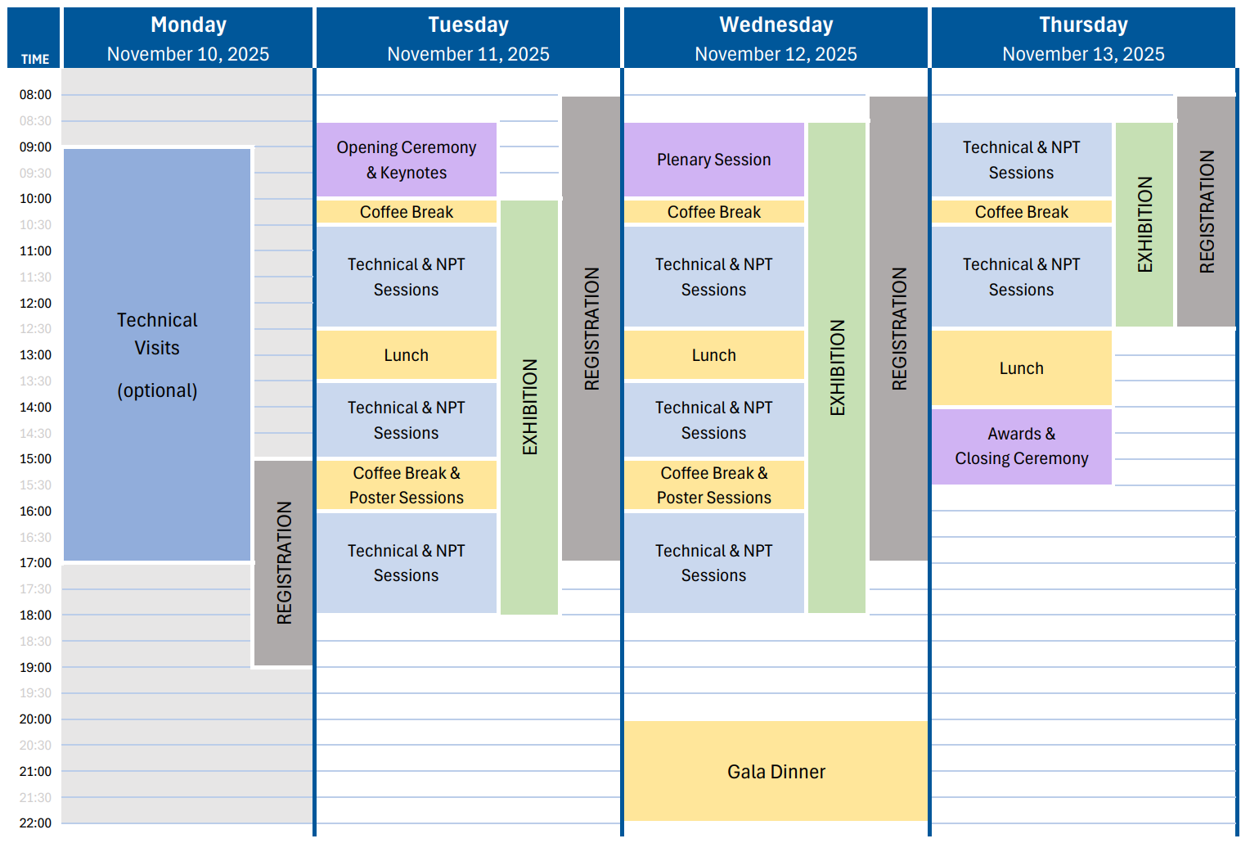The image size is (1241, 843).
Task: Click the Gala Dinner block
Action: (x=776, y=771)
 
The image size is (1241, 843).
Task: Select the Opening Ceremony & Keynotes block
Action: (x=407, y=160)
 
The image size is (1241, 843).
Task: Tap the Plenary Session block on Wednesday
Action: (x=714, y=160)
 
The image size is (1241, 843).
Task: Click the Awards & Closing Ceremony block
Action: (x=1021, y=446)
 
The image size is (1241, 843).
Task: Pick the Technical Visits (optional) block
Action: (x=157, y=354)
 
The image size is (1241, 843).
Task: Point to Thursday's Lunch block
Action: (x=1021, y=368)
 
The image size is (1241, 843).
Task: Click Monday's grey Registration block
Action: (x=283, y=563)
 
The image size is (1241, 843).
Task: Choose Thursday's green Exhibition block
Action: (x=1144, y=224)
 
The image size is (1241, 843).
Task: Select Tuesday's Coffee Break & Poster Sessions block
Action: (x=407, y=485)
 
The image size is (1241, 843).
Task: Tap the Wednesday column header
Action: (x=776, y=25)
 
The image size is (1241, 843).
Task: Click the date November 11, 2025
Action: (x=468, y=54)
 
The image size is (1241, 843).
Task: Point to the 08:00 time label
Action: (x=35, y=95)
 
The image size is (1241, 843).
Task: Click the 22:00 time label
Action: (x=35, y=823)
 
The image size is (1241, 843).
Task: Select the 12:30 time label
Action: (x=35, y=329)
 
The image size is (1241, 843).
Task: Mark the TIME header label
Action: (x=35, y=59)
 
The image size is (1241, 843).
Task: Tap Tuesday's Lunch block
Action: (x=407, y=355)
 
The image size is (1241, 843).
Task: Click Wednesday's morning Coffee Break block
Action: (x=714, y=212)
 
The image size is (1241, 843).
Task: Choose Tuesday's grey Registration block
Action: (x=591, y=328)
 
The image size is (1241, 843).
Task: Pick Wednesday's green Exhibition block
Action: (x=836, y=367)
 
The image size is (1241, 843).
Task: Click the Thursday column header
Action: (x=1083, y=25)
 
